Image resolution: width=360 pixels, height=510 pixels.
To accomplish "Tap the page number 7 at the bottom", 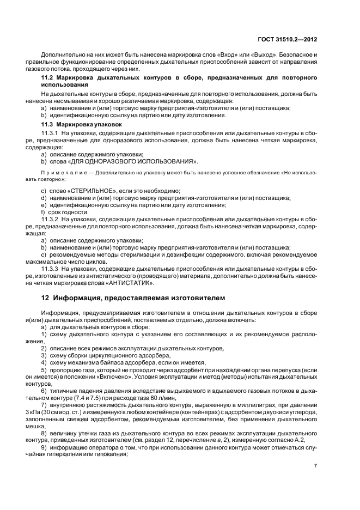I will coord(316,465).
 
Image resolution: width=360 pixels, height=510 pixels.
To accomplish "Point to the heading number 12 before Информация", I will coord(45,298).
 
